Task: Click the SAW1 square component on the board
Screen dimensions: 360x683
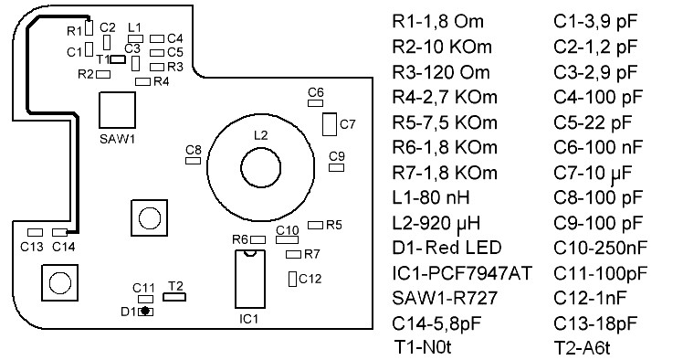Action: pos(116,111)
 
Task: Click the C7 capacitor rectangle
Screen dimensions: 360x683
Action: pos(329,123)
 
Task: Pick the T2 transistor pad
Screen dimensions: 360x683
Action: pos(174,296)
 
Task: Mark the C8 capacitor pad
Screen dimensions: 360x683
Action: pos(193,160)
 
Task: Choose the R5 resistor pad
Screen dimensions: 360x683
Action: pos(316,224)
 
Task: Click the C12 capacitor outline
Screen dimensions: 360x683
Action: pos(292,278)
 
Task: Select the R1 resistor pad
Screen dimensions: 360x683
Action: pos(90,28)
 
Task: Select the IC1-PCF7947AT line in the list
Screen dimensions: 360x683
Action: pos(462,272)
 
